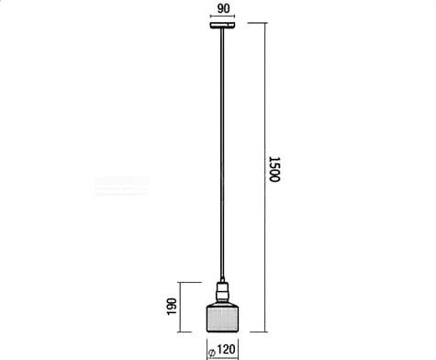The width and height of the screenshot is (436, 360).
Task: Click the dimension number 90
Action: coord(223,8)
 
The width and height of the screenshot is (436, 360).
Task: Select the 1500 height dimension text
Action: coord(274,169)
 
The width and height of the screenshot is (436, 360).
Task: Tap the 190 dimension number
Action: coord(172,307)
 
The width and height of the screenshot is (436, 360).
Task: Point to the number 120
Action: coord(227,349)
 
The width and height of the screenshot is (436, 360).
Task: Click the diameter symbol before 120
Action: coord(212,352)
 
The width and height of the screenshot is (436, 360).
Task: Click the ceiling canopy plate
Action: coord(222,25)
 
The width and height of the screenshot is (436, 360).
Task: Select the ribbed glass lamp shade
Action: coord(222,318)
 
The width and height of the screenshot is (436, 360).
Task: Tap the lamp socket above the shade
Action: coord(222,292)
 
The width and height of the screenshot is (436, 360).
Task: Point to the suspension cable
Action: coord(222,154)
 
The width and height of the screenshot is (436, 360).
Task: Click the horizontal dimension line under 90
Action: coord(222,17)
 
